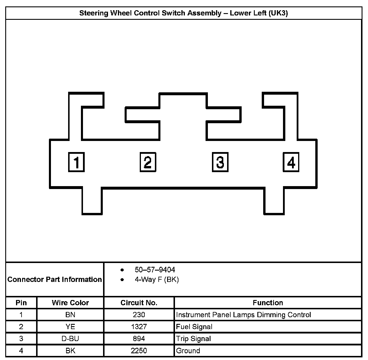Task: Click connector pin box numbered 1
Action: [76, 162]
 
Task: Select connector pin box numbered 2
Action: [148, 162]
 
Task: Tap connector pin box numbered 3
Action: [220, 162]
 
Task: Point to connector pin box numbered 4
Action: [291, 162]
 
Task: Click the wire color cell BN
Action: [70, 315]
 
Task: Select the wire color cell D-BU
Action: [70, 339]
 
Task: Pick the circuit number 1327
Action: [139, 327]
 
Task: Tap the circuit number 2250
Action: [139, 351]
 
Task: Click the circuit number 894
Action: [139, 339]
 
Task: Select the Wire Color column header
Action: [70, 303]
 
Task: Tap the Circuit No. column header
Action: [139, 303]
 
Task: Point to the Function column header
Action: [268, 303]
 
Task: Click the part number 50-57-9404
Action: [155, 270]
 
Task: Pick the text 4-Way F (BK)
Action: [157, 280]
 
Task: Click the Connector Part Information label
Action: [55, 280]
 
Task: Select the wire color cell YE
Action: [70, 327]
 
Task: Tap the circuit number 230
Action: [139, 315]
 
